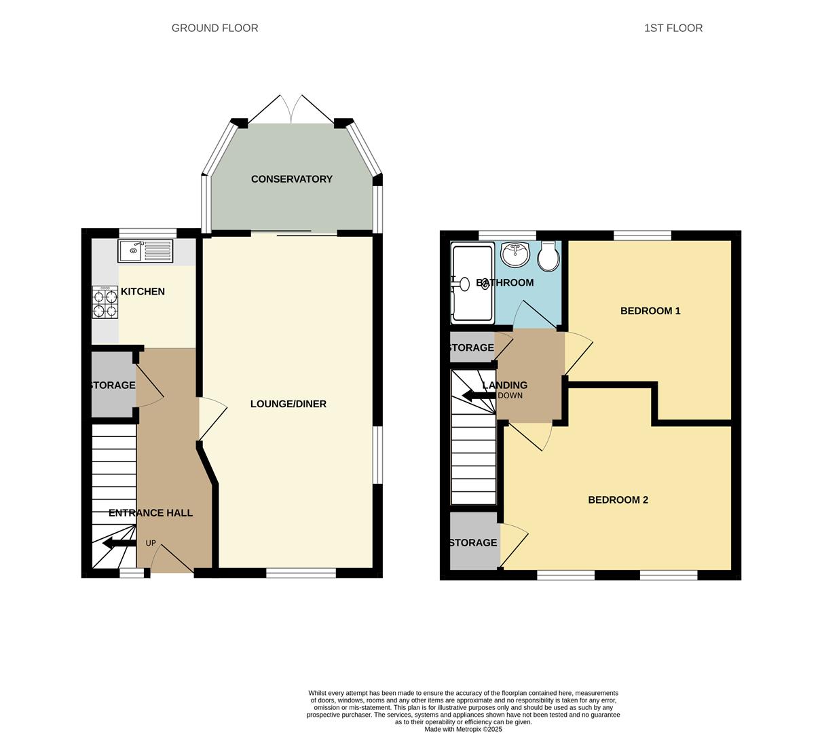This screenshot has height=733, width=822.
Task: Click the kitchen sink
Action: (x=145, y=251)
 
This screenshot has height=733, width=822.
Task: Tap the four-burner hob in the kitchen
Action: (x=105, y=302)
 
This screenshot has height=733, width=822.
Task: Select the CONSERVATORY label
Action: (x=292, y=179)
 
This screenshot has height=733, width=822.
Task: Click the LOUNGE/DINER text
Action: (x=288, y=404)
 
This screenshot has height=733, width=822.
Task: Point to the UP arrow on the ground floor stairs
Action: (x=119, y=543)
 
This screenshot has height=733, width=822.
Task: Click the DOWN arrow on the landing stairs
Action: (x=479, y=396)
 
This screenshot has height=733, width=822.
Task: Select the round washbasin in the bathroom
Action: (x=516, y=255)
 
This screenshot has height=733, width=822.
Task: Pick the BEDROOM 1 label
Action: (x=650, y=311)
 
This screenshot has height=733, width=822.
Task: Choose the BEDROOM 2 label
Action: (x=618, y=500)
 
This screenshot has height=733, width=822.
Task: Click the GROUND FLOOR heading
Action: (x=214, y=28)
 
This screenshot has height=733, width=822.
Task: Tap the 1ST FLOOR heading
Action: (x=673, y=28)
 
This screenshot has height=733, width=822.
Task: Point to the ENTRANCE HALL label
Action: (x=151, y=513)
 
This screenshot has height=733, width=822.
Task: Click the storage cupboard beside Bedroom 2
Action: (x=474, y=542)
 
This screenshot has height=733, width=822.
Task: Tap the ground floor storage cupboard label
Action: (x=113, y=386)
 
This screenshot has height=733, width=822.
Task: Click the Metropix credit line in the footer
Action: (x=463, y=730)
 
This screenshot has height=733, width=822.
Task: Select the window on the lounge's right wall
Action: (x=377, y=455)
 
